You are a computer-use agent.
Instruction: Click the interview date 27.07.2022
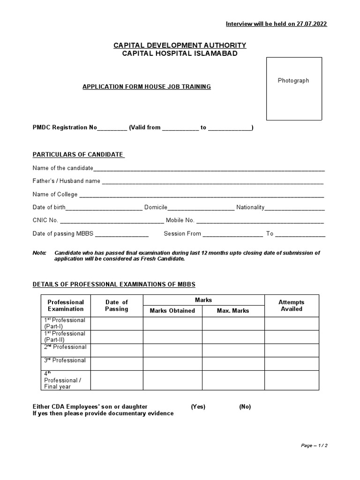coord(311,24)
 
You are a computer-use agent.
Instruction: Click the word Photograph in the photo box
coord(293,81)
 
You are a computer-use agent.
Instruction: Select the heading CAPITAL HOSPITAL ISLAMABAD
coord(180,53)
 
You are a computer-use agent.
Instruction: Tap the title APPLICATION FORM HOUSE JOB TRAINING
coord(147,87)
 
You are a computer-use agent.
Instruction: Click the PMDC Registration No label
coord(65,127)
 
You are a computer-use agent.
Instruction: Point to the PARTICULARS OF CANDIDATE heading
coord(78,155)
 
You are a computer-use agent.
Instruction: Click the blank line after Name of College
coord(202,195)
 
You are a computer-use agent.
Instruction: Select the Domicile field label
coord(156,207)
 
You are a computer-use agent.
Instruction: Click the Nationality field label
coord(250,207)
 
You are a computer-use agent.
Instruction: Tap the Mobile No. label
coord(180,220)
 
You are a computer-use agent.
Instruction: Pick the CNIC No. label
coord(45,220)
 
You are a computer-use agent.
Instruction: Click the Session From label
coord(182,233)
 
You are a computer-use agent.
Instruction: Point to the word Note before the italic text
coord(39,253)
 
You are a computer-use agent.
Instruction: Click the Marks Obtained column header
coord(172,310)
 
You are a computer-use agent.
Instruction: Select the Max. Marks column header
coord(233,310)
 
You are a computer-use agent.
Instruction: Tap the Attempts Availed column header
coord(292,306)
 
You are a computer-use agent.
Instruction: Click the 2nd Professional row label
coord(65,347)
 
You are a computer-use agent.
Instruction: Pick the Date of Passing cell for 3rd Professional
coord(117,363)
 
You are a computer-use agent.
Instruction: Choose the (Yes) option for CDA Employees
coord(198,407)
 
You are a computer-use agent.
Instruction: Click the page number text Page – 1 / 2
coord(314,445)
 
